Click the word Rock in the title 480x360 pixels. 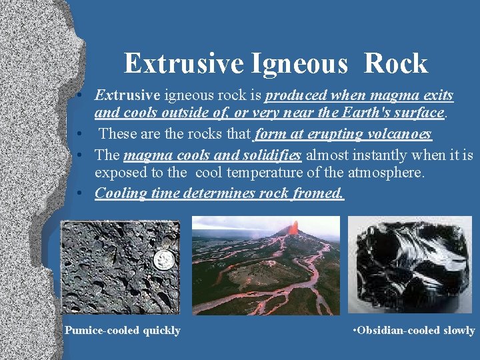coord(396,64)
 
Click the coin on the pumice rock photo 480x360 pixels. coord(163,260)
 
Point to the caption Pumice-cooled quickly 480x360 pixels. coord(123,331)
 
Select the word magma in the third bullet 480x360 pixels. coord(145,155)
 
